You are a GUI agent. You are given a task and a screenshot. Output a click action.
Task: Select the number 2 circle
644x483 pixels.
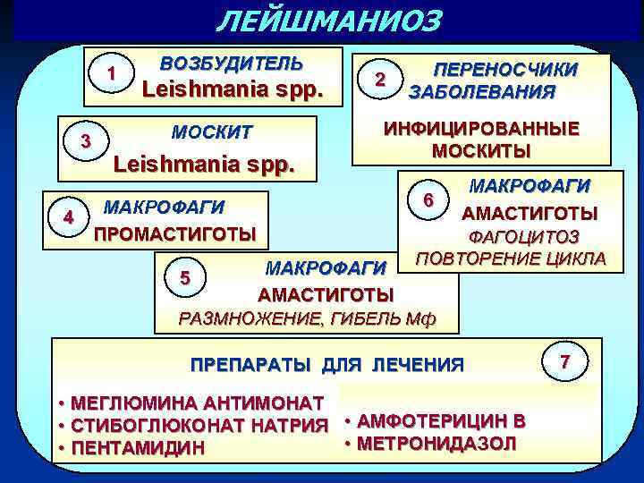pos(381,79)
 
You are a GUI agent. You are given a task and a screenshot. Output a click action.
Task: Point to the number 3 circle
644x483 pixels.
pos(86,141)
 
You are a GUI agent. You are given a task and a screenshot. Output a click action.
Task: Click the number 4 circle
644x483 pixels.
pos(69,217)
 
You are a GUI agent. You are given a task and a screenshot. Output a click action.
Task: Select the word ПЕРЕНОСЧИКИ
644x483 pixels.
pos(505,70)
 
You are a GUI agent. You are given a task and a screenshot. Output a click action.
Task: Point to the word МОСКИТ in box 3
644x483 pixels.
pos(211,132)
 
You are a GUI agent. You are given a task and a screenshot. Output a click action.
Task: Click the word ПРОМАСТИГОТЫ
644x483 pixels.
pos(175,234)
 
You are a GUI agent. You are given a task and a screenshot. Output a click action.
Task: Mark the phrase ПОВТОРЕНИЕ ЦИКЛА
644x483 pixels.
pos(511,259)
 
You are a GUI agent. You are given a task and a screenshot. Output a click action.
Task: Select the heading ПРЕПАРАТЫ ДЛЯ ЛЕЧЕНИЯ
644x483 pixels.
pos(327,365)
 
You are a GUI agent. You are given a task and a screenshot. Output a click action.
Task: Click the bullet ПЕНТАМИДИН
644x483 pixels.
pos(141,446)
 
